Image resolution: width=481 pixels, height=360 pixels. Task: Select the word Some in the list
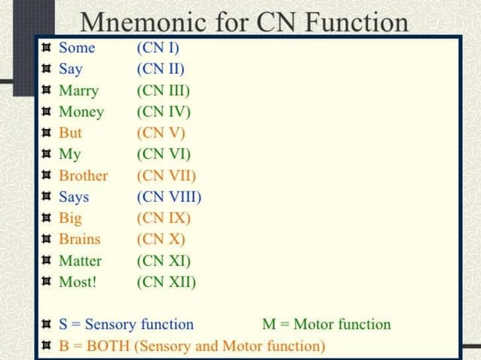click(x=77, y=48)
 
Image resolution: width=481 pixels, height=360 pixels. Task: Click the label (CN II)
click(x=161, y=70)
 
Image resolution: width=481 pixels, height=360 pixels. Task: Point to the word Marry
click(x=78, y=91)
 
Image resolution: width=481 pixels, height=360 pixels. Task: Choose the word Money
click(x=81, y=112)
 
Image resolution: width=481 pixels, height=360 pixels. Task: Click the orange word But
click(x=70, y=133)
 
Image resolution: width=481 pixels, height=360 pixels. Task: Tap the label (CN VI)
click(x=164, y=155)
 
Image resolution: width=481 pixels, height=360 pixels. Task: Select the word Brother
click(x=83, y=176)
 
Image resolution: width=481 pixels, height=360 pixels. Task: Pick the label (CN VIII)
click(x=169, y=197)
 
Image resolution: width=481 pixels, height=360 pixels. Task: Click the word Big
click(x=70, y=218)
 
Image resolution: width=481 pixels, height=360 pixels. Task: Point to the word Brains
click(x=79, y=239)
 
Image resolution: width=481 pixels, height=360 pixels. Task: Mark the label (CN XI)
click(x=164, y=261)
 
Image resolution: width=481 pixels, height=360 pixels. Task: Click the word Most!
click(x=78, y=282)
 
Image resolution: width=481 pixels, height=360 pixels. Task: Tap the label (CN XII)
click(x=166, y=282)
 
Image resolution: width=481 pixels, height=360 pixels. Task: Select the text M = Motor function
click(x=326, y=325)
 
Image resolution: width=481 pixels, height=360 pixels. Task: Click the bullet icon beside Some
click(x=47, y=48)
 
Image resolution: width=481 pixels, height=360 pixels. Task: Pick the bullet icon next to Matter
click(x=47, y=261)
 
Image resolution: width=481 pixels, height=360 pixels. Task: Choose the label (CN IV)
click(x=164, y=112)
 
